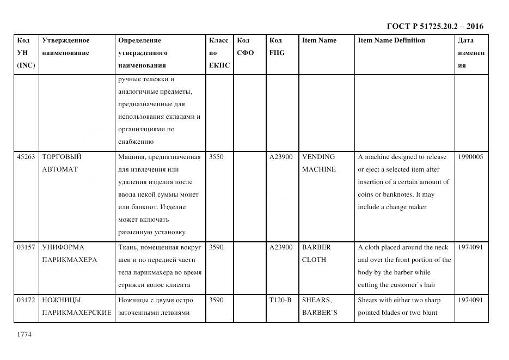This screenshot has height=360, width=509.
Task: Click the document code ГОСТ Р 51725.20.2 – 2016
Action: click(434, 26)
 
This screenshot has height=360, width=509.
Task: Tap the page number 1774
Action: click(24, 334)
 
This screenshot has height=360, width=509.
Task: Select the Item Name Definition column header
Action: click(391, 40)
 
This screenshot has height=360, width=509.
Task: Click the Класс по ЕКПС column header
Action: click(219, 53)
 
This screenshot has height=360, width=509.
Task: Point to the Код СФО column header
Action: click(246, 47)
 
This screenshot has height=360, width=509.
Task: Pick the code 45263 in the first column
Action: click(26, 157)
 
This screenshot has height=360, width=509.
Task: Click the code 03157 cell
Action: click(26, 247)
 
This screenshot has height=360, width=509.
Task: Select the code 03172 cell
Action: click(26, 300)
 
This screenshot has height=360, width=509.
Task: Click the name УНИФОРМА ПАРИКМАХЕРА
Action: click(69, 253)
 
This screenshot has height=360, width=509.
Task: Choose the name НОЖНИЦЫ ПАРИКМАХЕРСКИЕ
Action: click(76, 306)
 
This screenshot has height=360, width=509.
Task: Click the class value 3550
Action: click(216, 157)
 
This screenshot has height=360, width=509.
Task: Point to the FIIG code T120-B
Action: click(280, 300)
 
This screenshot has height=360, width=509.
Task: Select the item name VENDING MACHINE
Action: click(319, 163)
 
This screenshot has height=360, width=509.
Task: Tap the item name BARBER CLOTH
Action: click(316, 253)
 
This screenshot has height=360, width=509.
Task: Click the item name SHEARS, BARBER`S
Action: click(320, 306)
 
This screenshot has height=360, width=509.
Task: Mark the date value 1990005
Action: click(470, 157)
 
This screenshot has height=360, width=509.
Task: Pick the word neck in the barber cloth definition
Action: click(440, 247)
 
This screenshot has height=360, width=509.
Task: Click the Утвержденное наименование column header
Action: click(66, 47)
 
